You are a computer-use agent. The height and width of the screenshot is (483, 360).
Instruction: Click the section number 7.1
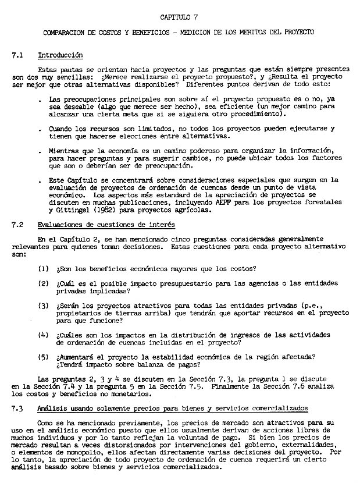tap(17, 55)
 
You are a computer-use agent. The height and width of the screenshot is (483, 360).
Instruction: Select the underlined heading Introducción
tap(60, 55)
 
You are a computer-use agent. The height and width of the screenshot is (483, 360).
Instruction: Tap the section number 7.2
tap(17, 225)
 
